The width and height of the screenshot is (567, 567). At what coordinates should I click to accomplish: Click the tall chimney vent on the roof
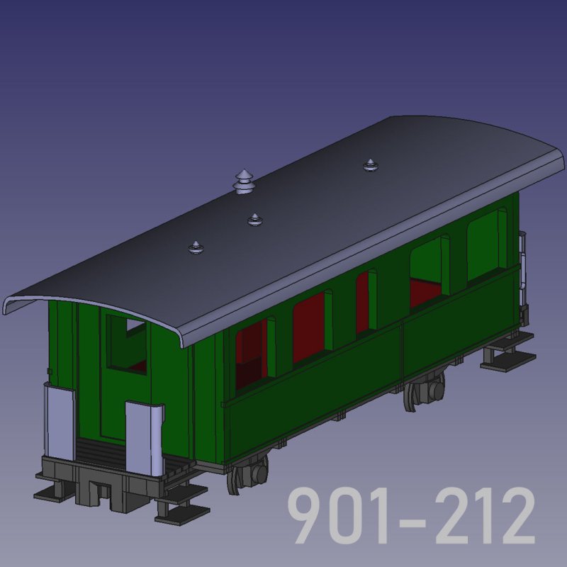coord(244,182)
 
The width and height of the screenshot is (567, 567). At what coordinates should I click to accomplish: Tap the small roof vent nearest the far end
coord(370,165)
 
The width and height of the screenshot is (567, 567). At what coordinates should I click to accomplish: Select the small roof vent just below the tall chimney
coord(255,220)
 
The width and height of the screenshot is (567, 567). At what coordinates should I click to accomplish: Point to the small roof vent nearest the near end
coord(196,247)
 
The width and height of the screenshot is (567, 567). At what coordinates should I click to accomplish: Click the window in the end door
coord(127,344)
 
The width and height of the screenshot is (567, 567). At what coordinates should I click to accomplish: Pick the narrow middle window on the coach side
coord(366,302)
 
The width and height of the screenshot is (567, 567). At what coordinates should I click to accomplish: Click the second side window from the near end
coord(313,327)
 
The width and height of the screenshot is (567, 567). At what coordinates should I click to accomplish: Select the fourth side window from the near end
coord(430,271)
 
